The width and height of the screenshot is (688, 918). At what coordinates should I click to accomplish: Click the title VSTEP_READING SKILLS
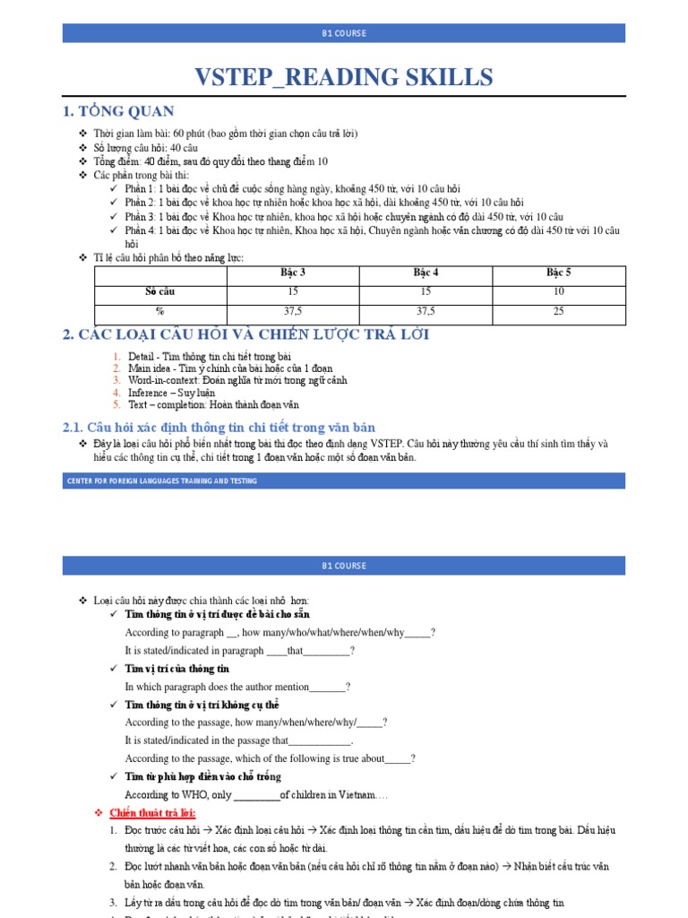pyautogui.click(x=344, y=77)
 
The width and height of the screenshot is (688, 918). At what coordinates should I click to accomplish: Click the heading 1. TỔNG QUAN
pyautogui.click(x=118, y=111)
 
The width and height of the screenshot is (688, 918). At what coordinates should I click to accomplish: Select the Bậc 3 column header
pyautogui.click(x=292, y=272)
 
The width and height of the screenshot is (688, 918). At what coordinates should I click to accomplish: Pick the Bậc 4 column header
pyautogui.click(x=426, y=272)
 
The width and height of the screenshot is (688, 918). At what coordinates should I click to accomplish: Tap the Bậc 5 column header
pyautogui.click(x=559, y=272)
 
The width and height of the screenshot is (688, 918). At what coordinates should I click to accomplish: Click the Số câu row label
pyautogui.click(x=160, y=291)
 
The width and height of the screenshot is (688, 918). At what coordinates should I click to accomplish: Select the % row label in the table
pyautogui.click(x=160, y=311)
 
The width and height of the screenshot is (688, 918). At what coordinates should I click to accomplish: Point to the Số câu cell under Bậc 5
pyautogui.click(x=559, y=291)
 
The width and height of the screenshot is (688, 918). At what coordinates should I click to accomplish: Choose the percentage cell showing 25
pyautogui.click(x=559, y=311)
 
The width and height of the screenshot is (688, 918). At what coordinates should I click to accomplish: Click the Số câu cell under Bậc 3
pyautogui.click(x=292, y=291)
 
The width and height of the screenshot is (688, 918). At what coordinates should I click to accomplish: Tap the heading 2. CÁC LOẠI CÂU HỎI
pyautogui.click(x=246, y=334)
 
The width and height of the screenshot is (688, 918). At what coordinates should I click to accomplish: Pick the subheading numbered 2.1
pyautogui.click(x=219, y=427)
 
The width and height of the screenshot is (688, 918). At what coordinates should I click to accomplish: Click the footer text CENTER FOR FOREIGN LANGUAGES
pyautogui.click(x=162, y=481)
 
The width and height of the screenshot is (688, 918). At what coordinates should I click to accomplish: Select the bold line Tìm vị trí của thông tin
pyautogui.click(x=177, y=669)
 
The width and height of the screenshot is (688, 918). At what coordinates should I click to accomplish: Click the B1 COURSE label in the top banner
pyautogui.click(x=344, y=33)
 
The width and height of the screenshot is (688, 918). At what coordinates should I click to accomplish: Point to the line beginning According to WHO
pyautogui.click(x=256, y=794)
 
